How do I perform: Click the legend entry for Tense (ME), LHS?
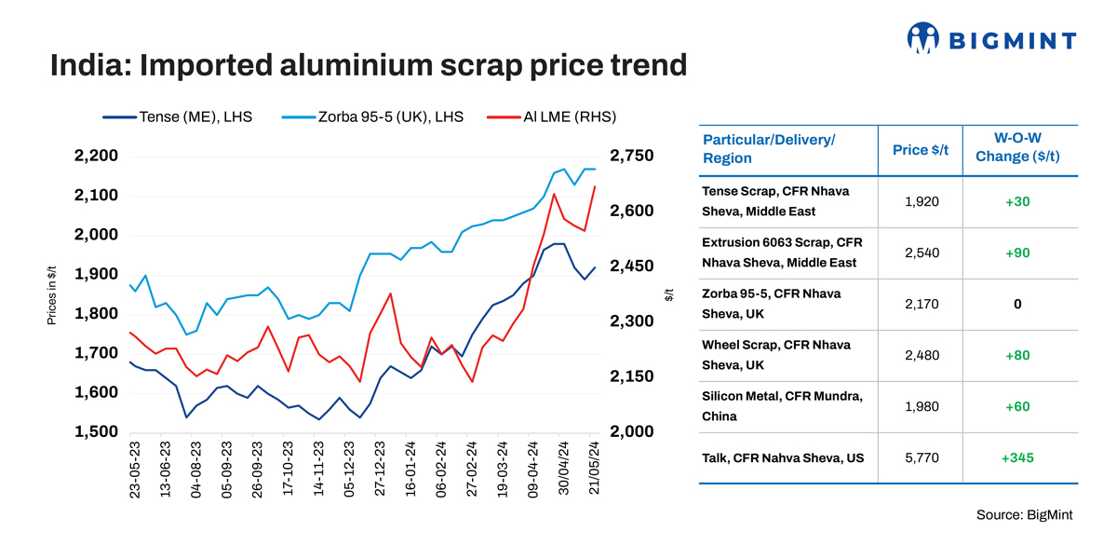(178, 117)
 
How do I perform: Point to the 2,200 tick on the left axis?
(96, 156)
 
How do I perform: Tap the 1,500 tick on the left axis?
(96, 432)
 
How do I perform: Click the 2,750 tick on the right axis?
(633, 156)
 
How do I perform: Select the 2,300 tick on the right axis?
(633, 321)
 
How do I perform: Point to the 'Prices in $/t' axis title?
(53, 294)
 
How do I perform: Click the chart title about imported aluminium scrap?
(368, 66)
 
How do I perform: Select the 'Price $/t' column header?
(920, 150)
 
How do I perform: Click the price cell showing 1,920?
(921, 201)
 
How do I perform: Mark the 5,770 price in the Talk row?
(921, 457)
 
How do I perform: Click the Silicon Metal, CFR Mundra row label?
(782, 406)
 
